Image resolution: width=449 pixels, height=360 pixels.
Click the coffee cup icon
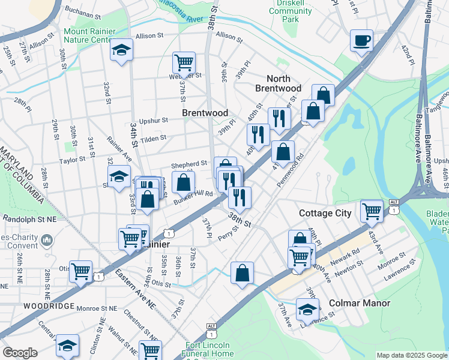point(361,41)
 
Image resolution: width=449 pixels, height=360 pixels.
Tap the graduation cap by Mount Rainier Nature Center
point(121,50)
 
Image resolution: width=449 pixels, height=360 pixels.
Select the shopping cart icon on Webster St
point(184,62)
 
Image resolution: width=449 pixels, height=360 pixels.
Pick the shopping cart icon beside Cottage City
point(372,211)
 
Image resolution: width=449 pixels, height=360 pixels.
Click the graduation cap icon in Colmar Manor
point(307,310)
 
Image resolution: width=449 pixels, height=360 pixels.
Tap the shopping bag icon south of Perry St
point(242,273)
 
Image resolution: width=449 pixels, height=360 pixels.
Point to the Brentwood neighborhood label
point(205,113)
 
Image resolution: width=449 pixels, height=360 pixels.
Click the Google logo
point(20,353)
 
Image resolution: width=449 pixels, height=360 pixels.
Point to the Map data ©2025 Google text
point(411,355)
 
